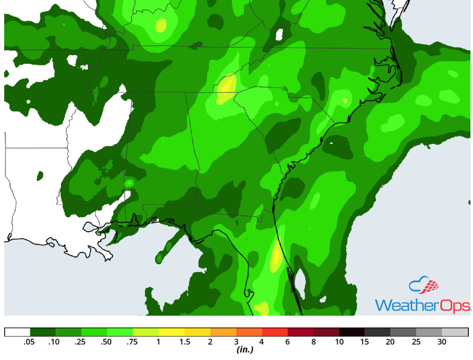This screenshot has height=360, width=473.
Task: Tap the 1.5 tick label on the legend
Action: click(x=184, y=342)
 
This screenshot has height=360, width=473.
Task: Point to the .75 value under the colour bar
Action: click(x=133, y=342)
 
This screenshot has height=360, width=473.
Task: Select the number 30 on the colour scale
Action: click(x=442, y=342)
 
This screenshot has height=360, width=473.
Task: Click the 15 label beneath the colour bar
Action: click(x=364, y=342)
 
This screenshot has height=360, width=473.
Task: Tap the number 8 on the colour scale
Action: click(x=313, y=342)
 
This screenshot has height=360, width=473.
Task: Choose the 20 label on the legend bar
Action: click(x=390, y=342)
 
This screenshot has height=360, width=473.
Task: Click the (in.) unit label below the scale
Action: click(x=245, y=350)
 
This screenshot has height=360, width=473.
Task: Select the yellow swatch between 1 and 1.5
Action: click(x=171, y=332)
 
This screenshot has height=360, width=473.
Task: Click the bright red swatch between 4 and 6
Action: click(x=275, y=332)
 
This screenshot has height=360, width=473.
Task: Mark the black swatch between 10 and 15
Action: click(x=352, y=332)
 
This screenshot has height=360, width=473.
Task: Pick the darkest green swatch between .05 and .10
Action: click(x=43, y=332)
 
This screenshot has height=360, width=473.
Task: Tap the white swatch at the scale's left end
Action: click(x=17, y=332)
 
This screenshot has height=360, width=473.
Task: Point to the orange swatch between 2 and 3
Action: click(x=223, y=332)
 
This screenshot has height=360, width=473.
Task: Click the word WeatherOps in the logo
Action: click(x=422, y=305)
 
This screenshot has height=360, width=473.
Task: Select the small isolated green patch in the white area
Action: click(x=40, y=175)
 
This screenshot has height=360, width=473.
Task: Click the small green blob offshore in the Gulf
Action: click(x=160, y=257)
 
